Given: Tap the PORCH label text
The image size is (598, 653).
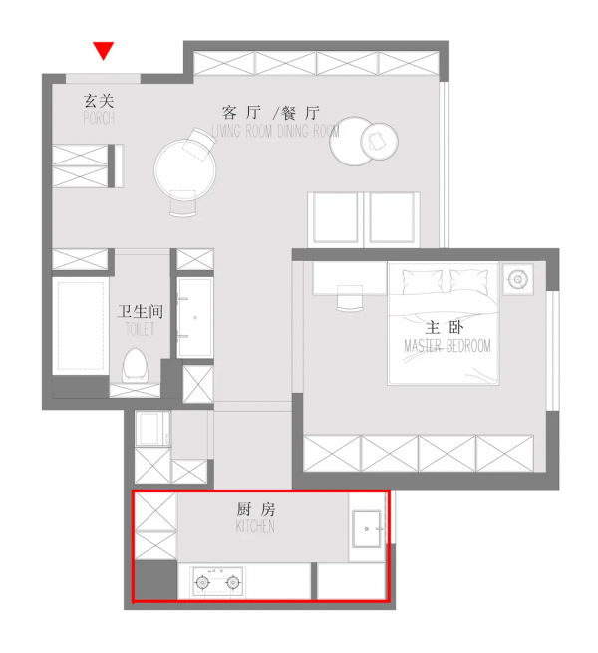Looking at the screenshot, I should pyautogui.click(x=99, y=118).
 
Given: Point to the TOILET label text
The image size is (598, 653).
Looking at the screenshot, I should pyautogui.click(x=141, y=328).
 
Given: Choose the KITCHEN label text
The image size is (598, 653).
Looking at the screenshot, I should pyautogui.click(x=255, y=526).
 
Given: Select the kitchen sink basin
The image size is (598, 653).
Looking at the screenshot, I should pyautogui.click(x=367, y=525).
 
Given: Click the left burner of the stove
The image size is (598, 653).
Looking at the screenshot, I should pyautogui.click(x=202, y=582).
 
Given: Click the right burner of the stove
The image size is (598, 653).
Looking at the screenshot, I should pyautogui.click(x=233, y=582).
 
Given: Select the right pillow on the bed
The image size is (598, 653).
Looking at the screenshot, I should pyautogui.click(x=471, y=280).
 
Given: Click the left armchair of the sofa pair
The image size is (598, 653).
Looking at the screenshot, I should pyautogui.click(x=336, y=217).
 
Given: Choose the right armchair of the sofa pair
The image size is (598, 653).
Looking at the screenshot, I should pyautogui.click(x=392, y=217).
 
